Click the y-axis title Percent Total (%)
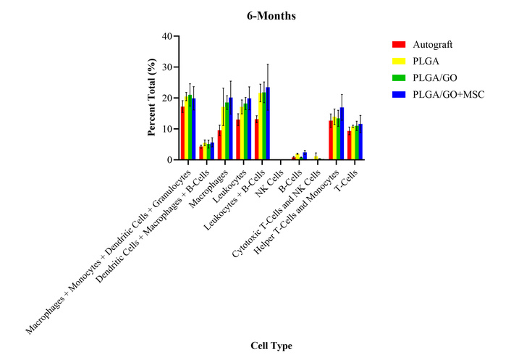[x=152, y=99]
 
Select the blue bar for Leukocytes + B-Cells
[x=268, y=124]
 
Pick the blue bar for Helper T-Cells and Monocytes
[x=342, y=134]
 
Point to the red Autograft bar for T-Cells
[x=349, y=146]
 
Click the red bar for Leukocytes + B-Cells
[x=256, y=140]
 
